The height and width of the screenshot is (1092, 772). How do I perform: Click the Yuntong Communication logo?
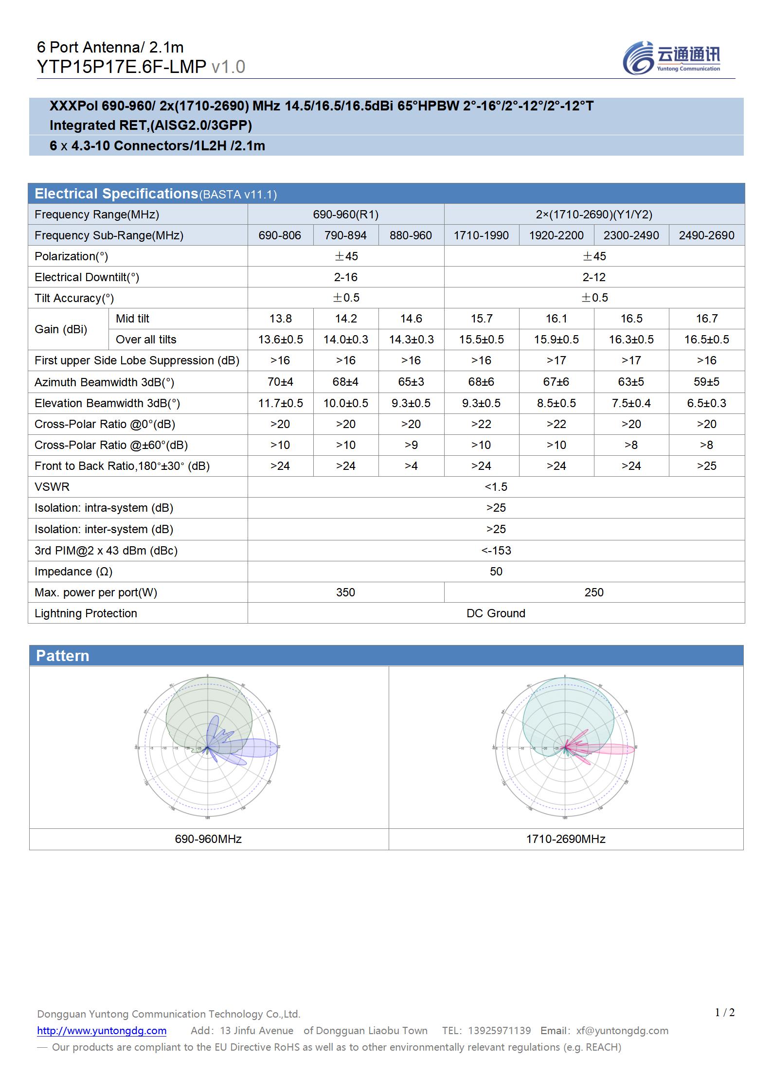tap(671, 58)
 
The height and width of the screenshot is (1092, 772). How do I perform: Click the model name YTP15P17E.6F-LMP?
tap(122, 67)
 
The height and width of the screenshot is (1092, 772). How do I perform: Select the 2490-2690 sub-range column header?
tap(706, 235)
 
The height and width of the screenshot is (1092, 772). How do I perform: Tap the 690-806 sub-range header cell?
tap(280, 235)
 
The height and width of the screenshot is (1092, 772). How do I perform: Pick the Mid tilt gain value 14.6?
tap(411, 319)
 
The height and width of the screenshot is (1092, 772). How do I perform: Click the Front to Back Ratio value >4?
tap(411, 466)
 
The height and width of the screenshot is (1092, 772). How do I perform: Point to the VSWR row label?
tap(52, 487)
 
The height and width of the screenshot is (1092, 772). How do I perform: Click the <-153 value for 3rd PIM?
tap(496, 551)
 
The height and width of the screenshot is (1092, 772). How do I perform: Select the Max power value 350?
tap(345, 592)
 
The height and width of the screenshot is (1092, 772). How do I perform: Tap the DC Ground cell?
tap(496, 613)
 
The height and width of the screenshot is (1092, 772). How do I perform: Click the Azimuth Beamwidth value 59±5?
tap(706, 382)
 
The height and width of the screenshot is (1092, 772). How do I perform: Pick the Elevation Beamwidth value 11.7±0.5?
tap(280, 403)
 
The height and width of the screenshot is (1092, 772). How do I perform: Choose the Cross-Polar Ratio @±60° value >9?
tap(411, 445)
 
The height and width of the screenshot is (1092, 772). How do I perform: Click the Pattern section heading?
tap(63, 656)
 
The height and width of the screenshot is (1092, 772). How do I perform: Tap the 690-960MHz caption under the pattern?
tap(208, 839)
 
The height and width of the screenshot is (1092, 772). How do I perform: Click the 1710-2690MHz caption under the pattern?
tap(566, 839)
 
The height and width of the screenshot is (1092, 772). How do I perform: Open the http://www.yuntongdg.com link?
tap(102, 1030)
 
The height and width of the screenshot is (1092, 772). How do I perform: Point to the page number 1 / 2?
tap(725, 1012)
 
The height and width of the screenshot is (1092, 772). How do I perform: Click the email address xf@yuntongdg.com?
tap(622, 1030)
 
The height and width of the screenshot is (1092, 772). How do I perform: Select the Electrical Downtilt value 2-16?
tap(345, 277)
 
